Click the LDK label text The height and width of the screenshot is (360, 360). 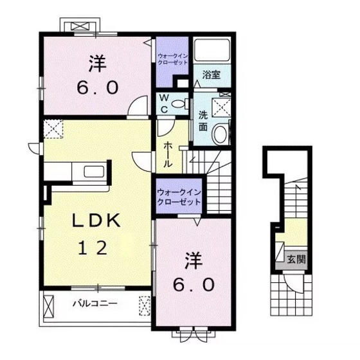point(96,221)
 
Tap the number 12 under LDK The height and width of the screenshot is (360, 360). point(93,248)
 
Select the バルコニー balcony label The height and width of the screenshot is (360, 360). point(95,303)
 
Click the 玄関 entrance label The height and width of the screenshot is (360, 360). point(296,260)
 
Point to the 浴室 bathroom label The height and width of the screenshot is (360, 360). point(212,75)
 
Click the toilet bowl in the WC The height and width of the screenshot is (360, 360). point(178,104)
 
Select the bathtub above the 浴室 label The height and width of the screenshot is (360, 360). point(212,49)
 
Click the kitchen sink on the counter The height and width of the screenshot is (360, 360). point(94,171)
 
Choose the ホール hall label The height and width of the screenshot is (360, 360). point(168,154)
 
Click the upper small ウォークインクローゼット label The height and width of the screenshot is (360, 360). point(172,59)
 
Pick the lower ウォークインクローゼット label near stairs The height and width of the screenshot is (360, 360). point(179,197)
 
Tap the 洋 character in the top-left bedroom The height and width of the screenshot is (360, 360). point(97,64)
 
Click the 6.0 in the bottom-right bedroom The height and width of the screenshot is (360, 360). point(194,285)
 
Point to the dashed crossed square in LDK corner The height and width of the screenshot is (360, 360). point(53,129)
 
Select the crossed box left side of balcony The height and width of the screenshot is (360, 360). point(48,306)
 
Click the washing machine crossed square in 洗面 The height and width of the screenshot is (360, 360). point(221,107)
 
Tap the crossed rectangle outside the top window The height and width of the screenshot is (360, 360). point(80,26)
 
